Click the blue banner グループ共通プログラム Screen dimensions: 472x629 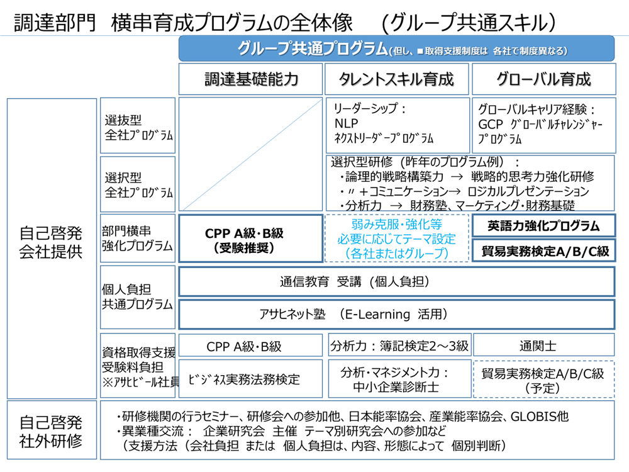(x=396, y=48)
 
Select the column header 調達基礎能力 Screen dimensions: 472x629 (x=251, y=79)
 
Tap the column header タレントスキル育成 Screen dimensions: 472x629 (x=396, y=79)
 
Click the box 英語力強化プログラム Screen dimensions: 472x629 (x=543, y=225)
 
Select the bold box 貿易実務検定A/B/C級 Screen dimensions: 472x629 (x=543, y=251)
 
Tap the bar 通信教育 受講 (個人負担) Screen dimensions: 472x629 (x=396, y=282)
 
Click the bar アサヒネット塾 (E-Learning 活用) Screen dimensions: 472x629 (x=396, y=314)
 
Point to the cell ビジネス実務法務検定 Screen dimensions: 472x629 (x=250, y=379)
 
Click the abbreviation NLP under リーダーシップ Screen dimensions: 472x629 (x=347, y=123)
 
